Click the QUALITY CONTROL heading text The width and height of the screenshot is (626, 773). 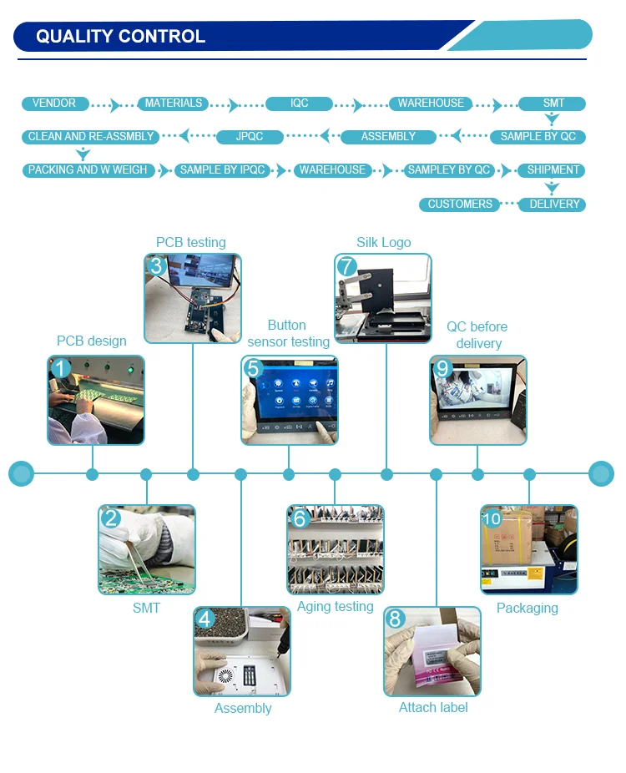click(120, 37)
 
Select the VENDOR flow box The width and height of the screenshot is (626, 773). click(54, 104)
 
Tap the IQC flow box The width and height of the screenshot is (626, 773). click(300, 104)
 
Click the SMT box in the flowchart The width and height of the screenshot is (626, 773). click(553, 104)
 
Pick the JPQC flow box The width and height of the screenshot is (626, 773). click(250, 137)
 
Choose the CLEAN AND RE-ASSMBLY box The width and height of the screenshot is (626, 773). click(91, 137)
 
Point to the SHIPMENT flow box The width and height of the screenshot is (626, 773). click(553, 170)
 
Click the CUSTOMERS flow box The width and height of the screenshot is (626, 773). click(460, 205)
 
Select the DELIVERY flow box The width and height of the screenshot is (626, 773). click(553, 205)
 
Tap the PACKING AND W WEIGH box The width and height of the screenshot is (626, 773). click(88, 170)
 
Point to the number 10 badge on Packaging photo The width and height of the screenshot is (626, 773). click(492, 518)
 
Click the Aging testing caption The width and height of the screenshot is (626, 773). click(335, 607)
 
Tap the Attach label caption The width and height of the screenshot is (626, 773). click(433, 708)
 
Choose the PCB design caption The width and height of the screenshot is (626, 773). click(92, 341)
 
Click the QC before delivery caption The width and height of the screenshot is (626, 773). click(477, 335)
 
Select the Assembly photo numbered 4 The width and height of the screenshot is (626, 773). click(242, 652)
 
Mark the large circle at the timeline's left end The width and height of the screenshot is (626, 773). click(21, 474)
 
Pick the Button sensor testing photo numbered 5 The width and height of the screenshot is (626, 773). click(290, 401)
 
